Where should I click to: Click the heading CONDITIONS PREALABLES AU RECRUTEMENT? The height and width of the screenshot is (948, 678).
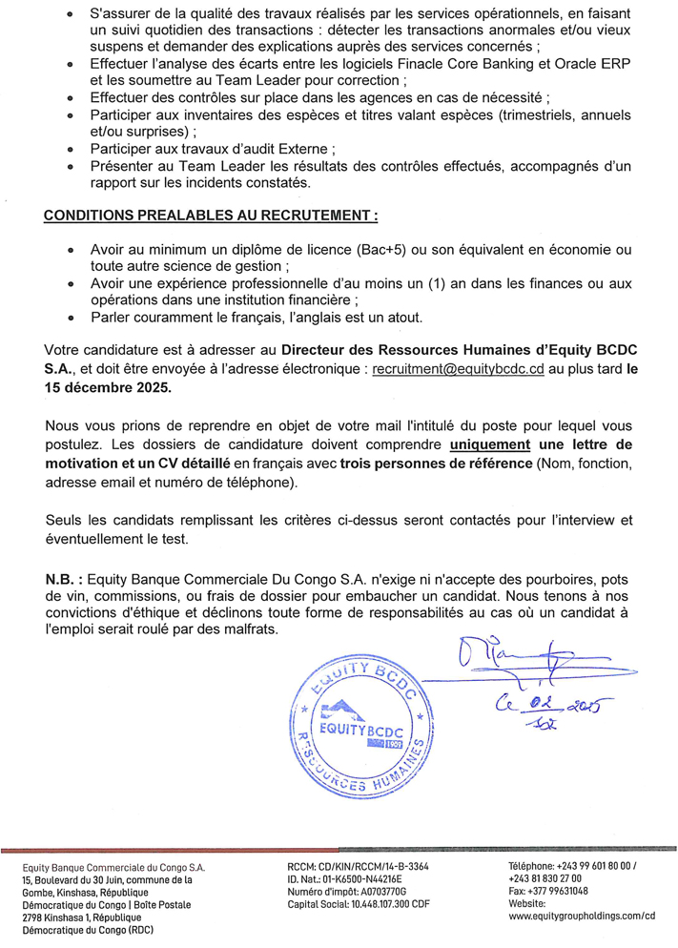click(x=211, y=216)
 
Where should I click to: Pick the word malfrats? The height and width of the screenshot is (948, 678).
click(x=250, y=631)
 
